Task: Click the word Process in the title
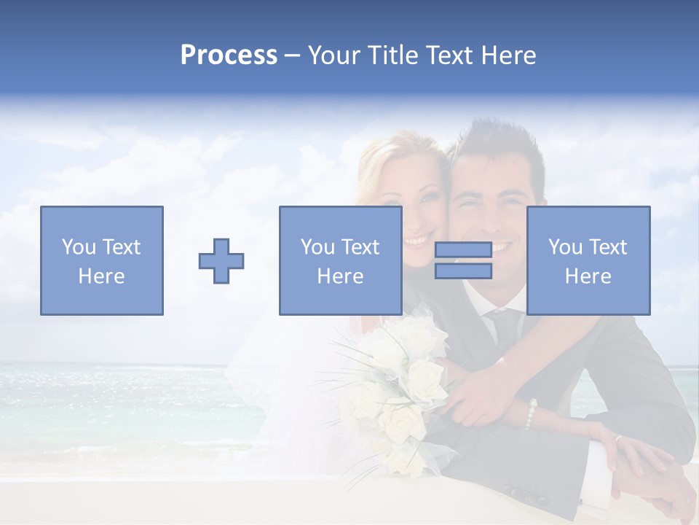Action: click(229, 55)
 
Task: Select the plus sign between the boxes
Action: click(221, 260)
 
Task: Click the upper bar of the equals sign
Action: click(463, 250)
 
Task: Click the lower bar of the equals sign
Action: click(463, 271)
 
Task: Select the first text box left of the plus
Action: click(101, 260)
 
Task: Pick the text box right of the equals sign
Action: click(588, 260)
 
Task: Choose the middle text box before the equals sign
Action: click(340, 260)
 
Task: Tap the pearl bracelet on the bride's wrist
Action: click(532, 413)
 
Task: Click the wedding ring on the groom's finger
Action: click(617, 439)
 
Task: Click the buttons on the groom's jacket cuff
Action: click(575, 496)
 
